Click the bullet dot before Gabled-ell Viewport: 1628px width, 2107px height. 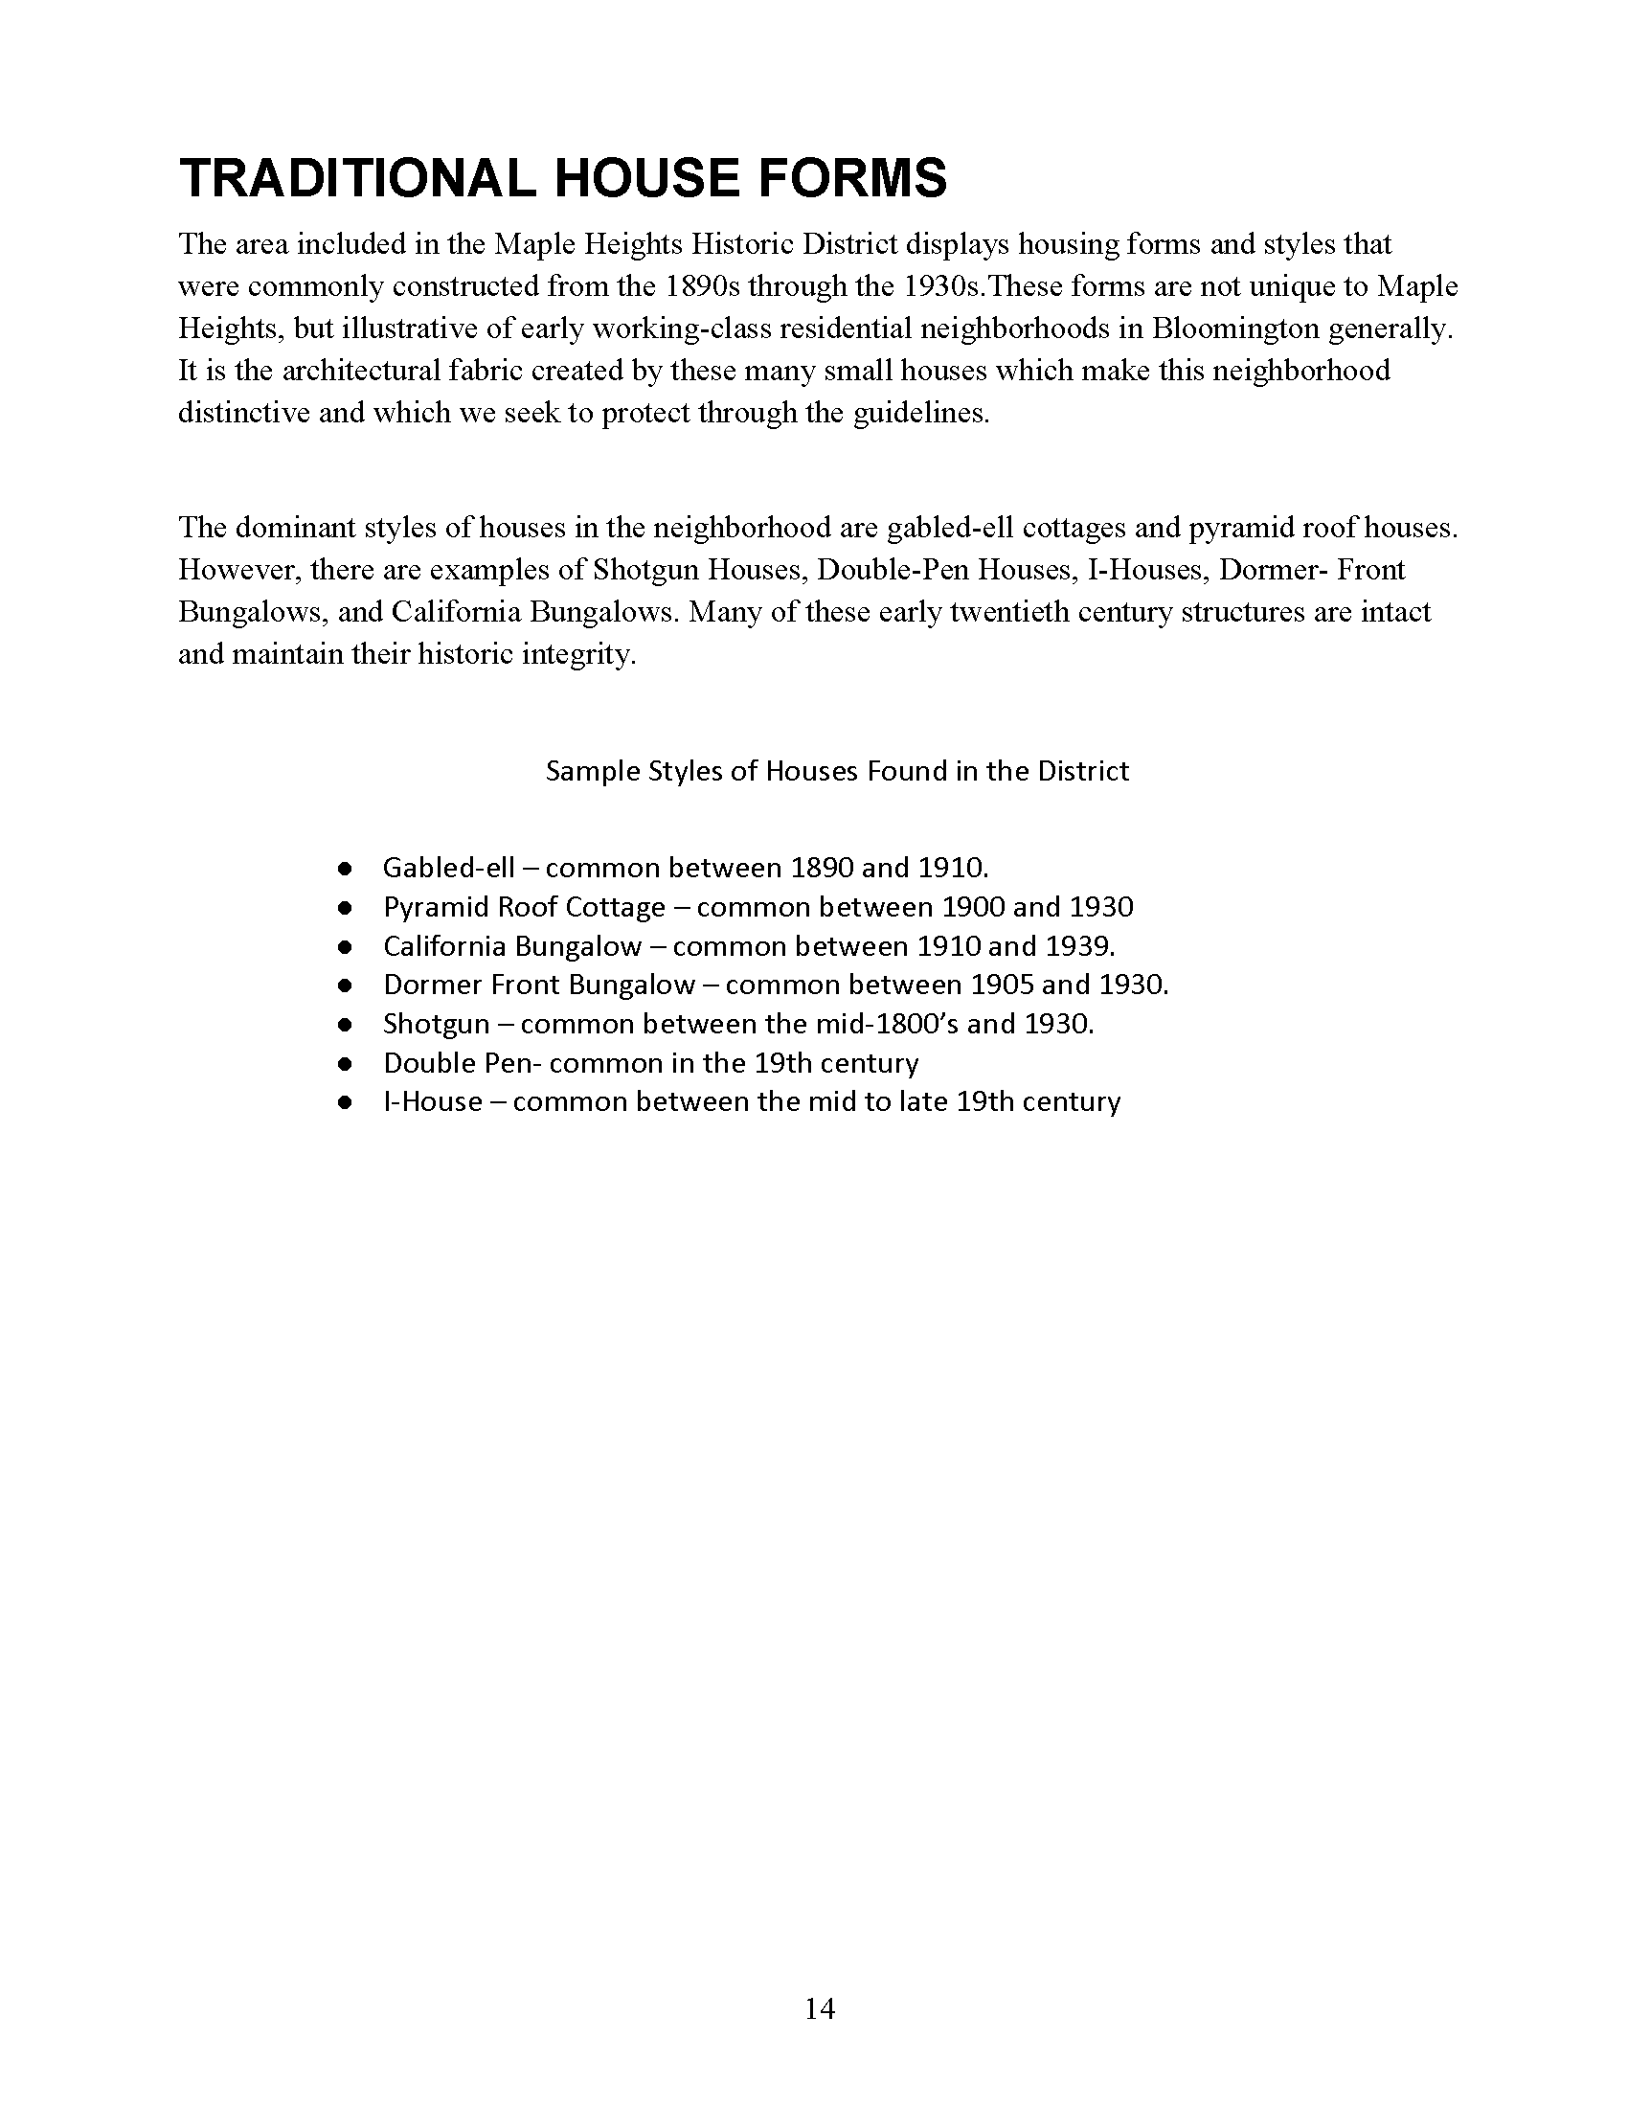344,869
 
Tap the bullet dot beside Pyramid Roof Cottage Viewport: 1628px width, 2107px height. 344,908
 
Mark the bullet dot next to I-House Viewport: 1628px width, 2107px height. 344,1102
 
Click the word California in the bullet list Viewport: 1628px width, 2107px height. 444,946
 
